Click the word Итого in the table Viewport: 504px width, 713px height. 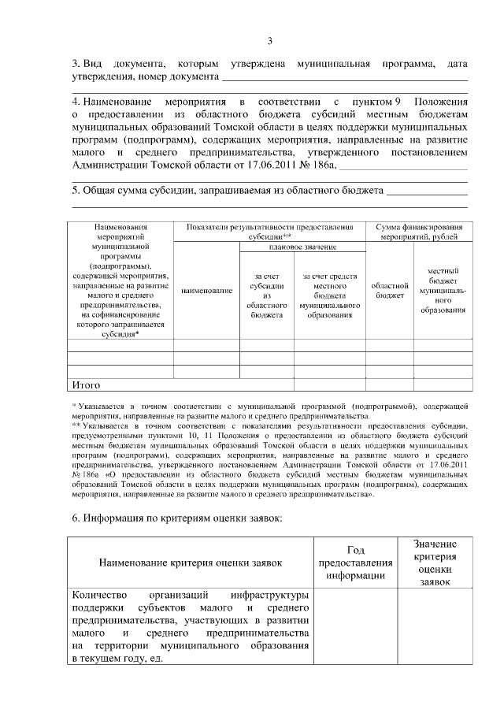tap(87, 385)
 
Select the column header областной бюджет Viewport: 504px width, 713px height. tap(390, 290)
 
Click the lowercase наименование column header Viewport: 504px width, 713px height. tap(206, 291)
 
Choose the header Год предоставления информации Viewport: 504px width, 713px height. tap(354, 563)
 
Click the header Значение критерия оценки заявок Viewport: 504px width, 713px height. tap(435, 563)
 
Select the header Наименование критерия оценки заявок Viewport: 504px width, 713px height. tap(190, 563)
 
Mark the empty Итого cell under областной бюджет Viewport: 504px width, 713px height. tap(390, 385)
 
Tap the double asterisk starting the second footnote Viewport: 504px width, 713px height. tap(76, 425)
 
